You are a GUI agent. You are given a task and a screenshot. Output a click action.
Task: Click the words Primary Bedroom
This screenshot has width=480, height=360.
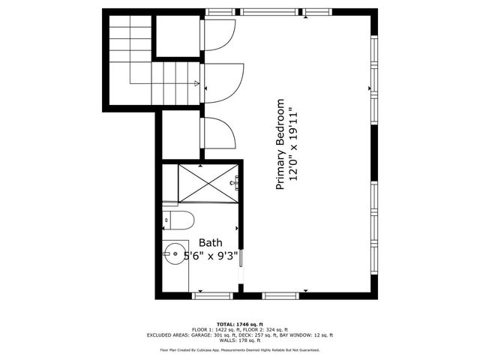click(281, 143)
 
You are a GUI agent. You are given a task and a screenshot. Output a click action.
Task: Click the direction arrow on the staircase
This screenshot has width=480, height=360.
click(196, 83)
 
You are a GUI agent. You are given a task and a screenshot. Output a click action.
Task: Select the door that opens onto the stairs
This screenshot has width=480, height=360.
click(222, 82)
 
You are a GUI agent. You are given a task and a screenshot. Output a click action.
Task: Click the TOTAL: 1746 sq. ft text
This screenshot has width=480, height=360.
click(240, 323)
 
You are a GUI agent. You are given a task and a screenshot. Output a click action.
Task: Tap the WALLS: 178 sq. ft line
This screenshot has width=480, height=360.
click(240, 341)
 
